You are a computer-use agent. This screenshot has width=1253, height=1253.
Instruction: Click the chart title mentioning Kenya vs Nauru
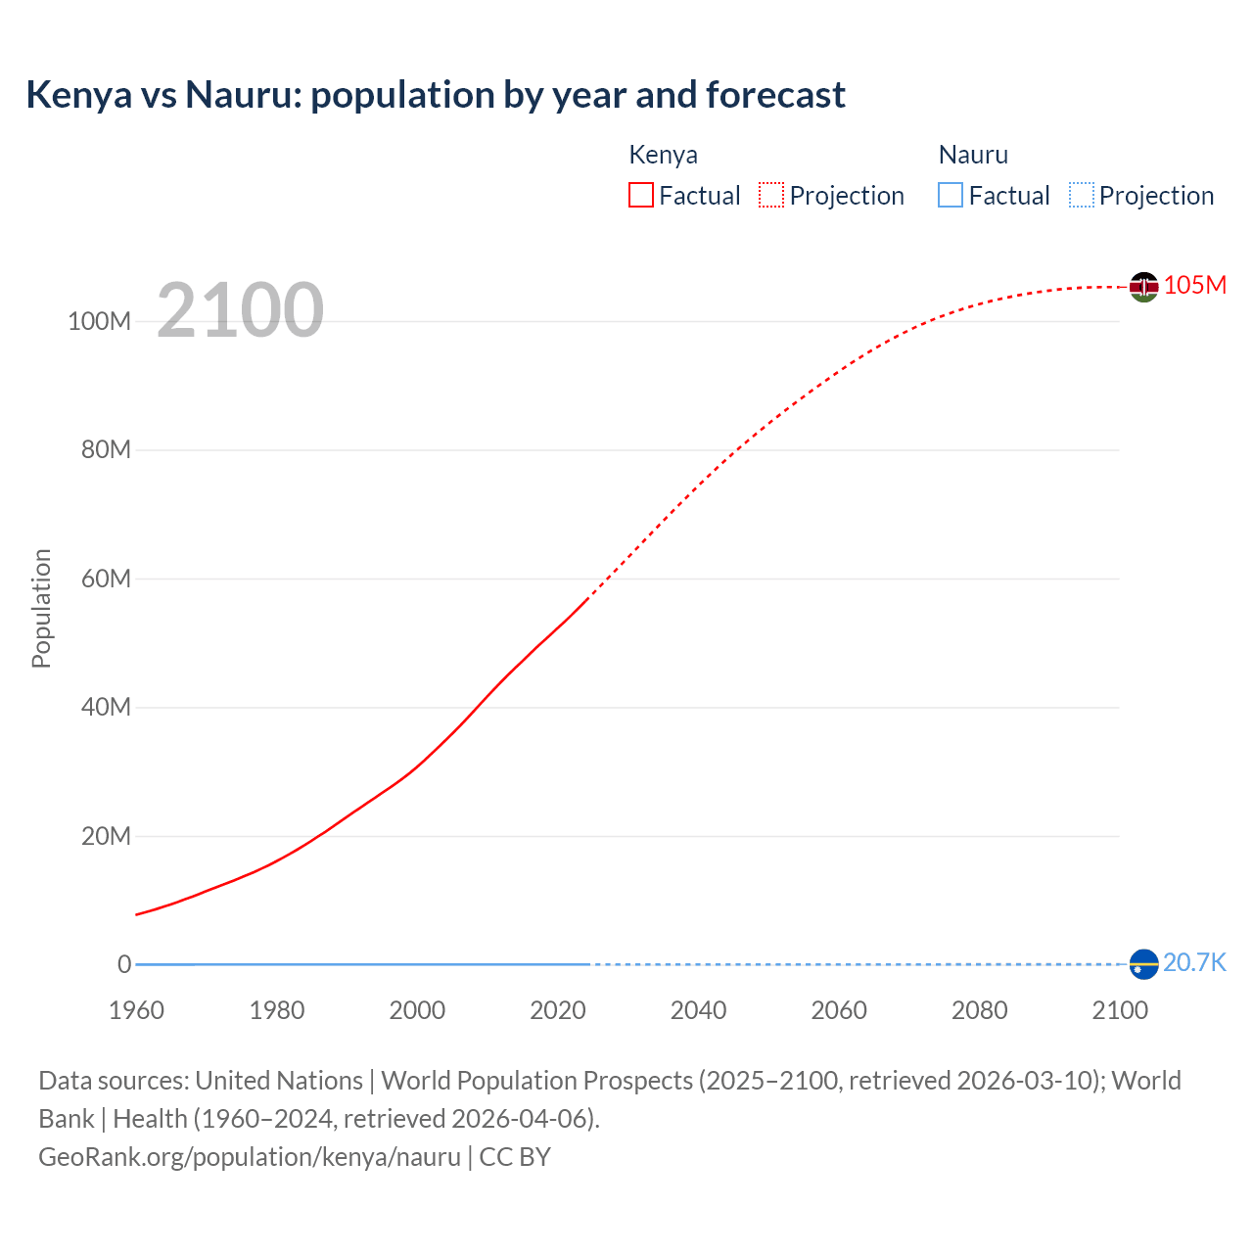click(436, 95)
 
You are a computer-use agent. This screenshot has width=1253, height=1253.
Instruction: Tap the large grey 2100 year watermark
click(240, 309)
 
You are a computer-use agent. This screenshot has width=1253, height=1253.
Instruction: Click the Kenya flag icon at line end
click(1143, 287)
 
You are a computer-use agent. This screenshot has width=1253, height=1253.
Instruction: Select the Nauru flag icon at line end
click(1143, 964)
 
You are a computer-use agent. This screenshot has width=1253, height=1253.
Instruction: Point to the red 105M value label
click(1194, 285)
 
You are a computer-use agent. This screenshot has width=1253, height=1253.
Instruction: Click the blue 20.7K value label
click(1194, 962)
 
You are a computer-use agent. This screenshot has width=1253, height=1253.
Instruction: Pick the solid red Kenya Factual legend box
click(641, 196)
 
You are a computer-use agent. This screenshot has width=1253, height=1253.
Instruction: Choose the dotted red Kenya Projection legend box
click(771, 196)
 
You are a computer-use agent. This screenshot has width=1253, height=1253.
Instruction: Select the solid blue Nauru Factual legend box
click(951, 196)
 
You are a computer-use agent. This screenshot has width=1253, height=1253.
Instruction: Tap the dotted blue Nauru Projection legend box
click(1081, 196)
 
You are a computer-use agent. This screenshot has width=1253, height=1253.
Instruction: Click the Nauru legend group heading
click(973, 155)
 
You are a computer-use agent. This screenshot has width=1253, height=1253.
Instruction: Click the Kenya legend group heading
click(663, 155)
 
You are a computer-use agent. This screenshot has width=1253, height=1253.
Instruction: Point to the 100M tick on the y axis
click(99, 321)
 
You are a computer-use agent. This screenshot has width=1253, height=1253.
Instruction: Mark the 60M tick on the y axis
click(105, 579)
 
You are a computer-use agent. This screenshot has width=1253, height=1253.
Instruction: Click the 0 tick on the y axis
click(124, 964)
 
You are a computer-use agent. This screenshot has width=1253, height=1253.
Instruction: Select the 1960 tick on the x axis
click(136, 1010)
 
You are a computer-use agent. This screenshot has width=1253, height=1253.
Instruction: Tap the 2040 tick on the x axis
click(698, 1010)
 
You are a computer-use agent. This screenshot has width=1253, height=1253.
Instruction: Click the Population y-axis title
click(41, 608)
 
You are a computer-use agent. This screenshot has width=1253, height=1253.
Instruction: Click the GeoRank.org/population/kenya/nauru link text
click(250, 1157)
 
